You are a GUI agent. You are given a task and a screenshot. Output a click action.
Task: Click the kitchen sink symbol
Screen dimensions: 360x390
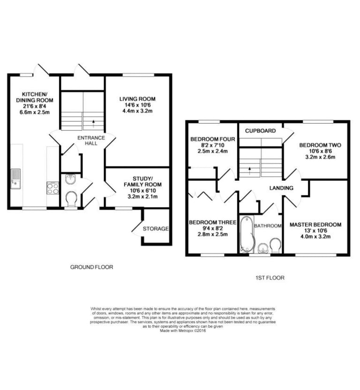point(15,179)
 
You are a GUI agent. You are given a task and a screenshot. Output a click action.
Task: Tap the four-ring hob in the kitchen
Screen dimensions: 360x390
point(53,188)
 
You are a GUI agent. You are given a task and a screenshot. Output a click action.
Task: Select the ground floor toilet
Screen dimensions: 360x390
point(72,199)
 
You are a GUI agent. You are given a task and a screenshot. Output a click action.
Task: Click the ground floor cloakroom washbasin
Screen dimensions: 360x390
point(71,179)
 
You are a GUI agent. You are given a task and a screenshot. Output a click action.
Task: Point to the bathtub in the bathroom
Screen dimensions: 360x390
point(247,234)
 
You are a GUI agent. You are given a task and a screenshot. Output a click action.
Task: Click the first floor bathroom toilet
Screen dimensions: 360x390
point(276,246)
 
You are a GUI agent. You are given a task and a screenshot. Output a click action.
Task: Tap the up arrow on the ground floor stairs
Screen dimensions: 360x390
point(94,124)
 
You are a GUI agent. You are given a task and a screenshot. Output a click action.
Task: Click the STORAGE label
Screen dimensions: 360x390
point(156,229)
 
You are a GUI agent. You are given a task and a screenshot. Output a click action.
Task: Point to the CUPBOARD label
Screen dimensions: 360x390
point(261,131)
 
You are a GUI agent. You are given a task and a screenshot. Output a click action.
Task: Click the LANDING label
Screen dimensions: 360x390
point(281,188)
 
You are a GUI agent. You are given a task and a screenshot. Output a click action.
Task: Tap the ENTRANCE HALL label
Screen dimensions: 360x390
point(91,141)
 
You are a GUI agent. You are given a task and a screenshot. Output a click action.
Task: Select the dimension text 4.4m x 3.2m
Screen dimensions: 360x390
point(137,111)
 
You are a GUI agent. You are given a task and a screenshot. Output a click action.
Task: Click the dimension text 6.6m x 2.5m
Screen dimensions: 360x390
point(35,112)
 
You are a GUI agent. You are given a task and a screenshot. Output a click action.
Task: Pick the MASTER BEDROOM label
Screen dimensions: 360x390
point(315,225)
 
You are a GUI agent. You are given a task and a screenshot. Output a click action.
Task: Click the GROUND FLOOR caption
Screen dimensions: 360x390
point(91,267)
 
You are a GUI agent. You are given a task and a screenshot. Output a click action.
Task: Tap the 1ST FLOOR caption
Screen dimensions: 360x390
point(270,278)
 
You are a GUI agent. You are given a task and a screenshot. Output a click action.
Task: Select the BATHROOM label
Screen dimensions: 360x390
point(268,226)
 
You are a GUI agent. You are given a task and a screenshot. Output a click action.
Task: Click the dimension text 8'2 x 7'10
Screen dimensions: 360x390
point(212,145)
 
